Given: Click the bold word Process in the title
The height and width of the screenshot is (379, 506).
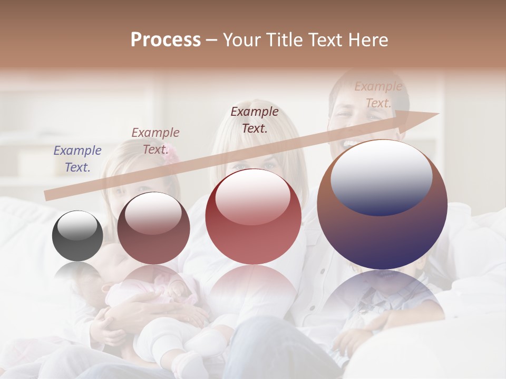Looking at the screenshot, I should pos(166,39).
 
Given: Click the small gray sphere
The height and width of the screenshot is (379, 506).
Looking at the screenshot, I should pos(77,236).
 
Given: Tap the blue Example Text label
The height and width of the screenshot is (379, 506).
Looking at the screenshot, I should pos(77,159).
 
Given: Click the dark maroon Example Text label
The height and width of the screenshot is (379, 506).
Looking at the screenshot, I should pos(255,119).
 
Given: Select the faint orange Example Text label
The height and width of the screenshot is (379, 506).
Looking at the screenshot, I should pos(378,95).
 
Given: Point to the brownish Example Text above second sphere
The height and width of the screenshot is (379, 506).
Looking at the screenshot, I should pos(155,141).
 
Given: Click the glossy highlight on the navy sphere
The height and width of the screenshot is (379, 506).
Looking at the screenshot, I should pos(381,176).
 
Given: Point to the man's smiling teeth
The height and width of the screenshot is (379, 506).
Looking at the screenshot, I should pos(351,143).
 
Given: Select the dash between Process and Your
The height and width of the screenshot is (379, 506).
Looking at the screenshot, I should pos(211,40).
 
